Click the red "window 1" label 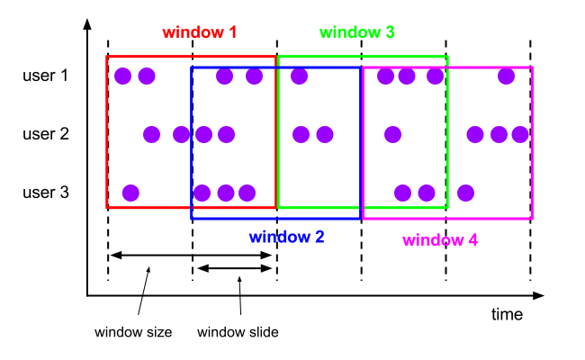[x=199, y=32]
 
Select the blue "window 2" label [x=286, y=238]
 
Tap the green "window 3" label [x=356, y=32]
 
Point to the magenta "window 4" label [x=439, y=240]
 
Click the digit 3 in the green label [x=389, y=32]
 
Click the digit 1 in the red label [x=232, y=32]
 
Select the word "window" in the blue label [x=277, y=238]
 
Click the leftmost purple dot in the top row [x=122, y=76]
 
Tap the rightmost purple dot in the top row [x=506, y=76]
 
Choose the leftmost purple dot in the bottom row [x=130, y=193]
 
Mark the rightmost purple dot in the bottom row [x=465, y=193]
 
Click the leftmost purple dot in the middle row [x=151, y=134]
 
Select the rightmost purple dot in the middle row [x=520, y=134]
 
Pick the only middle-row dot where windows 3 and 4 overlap [x=392, y=134]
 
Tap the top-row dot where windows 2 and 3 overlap [x=299, y=76]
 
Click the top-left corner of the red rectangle [x=107, y=57]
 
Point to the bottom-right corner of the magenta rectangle [x=532, y=219]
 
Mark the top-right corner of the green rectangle [x=447, y=57]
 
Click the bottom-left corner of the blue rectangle [x=192, y=219]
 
